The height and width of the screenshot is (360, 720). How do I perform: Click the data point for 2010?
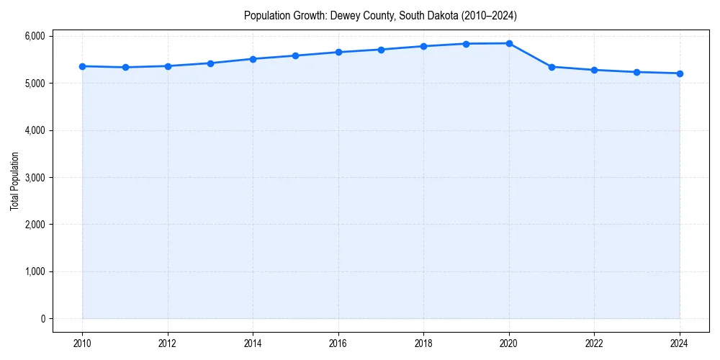pos(82,66)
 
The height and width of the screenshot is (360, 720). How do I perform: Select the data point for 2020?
pos(509,43)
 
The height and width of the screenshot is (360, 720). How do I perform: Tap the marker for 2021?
pos(552,67)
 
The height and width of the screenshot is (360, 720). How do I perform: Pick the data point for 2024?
pos(680,73)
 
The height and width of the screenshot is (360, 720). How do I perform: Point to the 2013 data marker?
pos(210,63)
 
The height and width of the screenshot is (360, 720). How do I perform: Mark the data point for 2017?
pos(381,50)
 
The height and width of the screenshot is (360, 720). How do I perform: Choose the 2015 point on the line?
pos(296,55)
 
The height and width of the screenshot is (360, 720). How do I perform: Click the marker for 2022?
pos(594,70)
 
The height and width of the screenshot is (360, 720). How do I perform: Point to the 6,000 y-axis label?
pos(33,36)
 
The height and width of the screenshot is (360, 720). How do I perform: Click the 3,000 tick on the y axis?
pos(33,177)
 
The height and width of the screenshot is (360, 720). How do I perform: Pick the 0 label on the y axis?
pos(42,319)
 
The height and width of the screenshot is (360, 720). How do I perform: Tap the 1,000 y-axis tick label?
pos(33,271)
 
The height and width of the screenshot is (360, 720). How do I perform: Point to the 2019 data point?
pos(467,44)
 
